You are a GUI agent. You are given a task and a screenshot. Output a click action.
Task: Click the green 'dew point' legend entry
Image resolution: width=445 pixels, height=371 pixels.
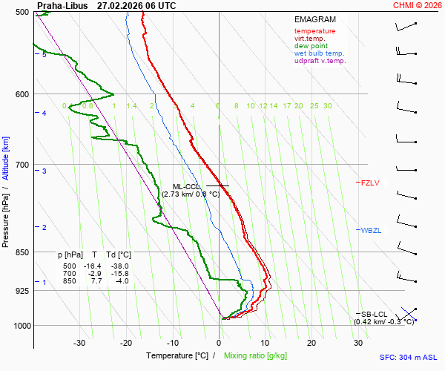coord(311,46)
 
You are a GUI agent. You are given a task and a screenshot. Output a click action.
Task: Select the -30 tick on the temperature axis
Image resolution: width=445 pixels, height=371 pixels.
coord(79,343)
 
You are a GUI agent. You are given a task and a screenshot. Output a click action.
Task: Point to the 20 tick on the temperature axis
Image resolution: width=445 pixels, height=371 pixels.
coord(311,343)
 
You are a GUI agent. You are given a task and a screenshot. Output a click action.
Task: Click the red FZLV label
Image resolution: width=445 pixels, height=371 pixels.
coord(370,183)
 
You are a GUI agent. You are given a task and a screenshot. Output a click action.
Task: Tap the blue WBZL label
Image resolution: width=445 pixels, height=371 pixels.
coord(371,231)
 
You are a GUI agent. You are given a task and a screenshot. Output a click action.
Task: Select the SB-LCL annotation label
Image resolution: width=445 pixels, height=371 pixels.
coord(375,314)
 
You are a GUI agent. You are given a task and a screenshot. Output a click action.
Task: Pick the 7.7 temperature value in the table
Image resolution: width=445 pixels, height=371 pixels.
coord(94,281)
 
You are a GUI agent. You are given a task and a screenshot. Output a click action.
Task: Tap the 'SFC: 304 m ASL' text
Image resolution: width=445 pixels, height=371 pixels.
coord(408,357)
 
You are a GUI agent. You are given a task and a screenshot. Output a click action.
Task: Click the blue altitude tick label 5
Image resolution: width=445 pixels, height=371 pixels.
coord(44,55)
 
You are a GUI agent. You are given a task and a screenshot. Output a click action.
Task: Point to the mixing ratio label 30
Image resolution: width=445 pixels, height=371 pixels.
coord(327,106)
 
